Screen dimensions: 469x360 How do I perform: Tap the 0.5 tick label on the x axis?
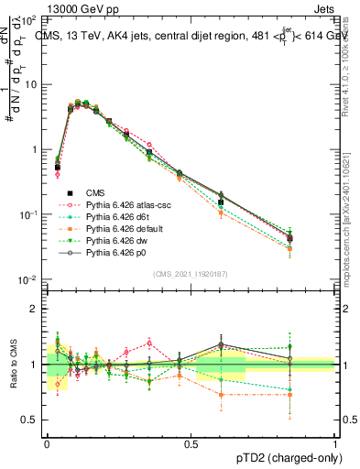point(191,443)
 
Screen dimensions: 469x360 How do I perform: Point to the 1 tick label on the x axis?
point(334,443)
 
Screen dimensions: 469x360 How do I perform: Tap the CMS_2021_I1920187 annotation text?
point(190,274)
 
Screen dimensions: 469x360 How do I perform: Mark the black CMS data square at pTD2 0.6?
point(221,202)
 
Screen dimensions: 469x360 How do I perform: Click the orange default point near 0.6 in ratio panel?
point(221,395)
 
